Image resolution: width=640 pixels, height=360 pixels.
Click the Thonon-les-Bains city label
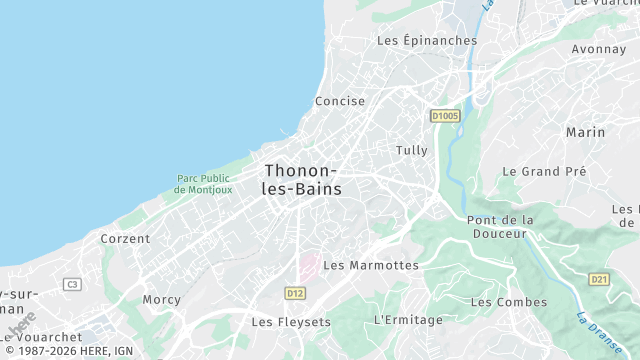click(x=302, y=179)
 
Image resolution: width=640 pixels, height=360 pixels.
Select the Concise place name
click(x=340, y=101)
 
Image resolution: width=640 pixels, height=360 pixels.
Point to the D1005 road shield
click(x=445, y=117)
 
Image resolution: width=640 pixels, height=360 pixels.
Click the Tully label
click(x=412, y=150)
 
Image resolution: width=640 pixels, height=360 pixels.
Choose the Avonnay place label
click(x=598, y=48)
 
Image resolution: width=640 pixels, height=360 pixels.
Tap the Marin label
click(x=586, y=132)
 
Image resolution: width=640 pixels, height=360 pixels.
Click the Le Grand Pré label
click(x=544, y=171)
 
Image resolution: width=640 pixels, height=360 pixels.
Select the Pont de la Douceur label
click(x=501, y=226)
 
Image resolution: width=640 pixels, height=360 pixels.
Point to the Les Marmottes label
click(x=371, y=265)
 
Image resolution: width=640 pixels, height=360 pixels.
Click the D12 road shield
click(x=294, y=293)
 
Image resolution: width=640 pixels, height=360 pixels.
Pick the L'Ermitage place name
click(x=407, y=319)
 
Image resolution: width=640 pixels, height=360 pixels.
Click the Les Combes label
click(x=509, y=301)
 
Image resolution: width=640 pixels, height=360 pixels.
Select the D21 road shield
click(x=598, y=279)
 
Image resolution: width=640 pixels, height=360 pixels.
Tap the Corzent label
click(x=125, y=239)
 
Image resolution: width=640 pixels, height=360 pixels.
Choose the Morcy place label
click(x=161, y=299)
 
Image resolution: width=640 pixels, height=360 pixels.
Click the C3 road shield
click(x=71, y=285)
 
